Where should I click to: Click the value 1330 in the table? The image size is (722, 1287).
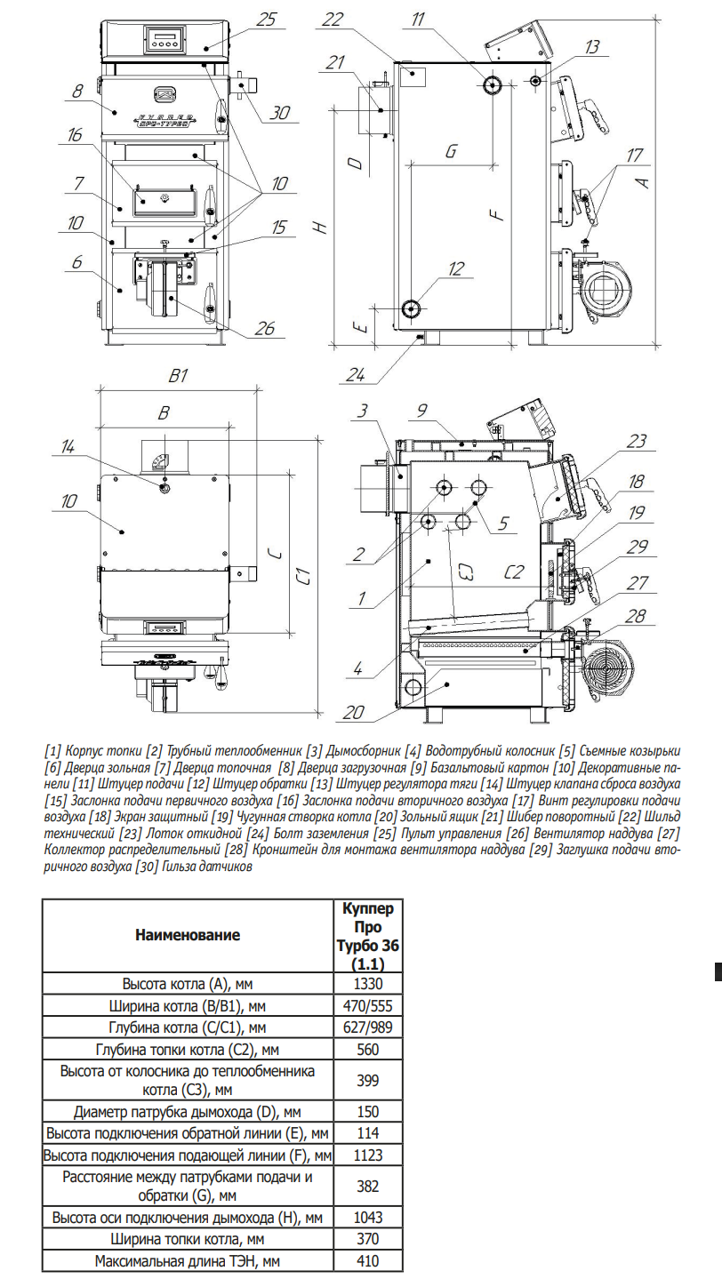365,985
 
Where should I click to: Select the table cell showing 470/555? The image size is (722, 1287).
365,1006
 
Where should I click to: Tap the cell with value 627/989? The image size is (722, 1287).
365,1027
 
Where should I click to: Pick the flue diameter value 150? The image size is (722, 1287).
365,1112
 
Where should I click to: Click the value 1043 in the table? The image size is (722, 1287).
365,1217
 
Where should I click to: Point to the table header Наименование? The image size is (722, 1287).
188,936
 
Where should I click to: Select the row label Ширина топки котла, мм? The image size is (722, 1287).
188,1239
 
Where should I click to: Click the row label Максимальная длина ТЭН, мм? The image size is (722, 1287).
188,1260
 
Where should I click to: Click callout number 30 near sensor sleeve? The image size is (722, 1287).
281,113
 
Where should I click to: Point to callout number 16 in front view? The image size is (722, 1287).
75,135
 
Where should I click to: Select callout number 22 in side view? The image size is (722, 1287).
333,18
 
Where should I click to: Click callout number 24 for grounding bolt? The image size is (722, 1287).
355,374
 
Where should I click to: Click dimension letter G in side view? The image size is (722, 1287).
452,151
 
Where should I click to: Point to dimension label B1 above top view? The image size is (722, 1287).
179,376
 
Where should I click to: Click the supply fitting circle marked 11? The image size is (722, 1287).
493,84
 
